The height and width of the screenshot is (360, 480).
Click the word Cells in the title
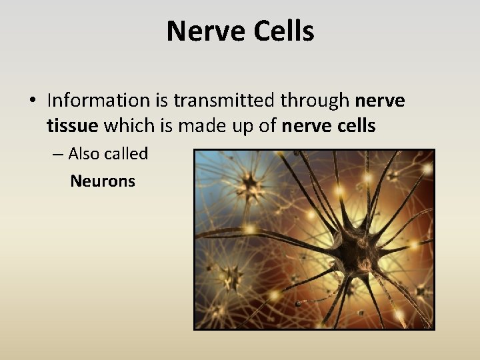tap(283, 31)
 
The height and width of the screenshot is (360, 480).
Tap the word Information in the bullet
tap(99, 101)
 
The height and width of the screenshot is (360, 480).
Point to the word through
tap(315, 101)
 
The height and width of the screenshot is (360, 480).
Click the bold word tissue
tap(73, 125)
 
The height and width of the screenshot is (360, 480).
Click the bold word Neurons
tap(103, 181)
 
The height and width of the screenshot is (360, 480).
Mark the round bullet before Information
tap(32, 101)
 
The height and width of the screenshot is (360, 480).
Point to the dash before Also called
tap(57, 155)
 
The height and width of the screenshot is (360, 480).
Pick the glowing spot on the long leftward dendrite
tap(251, 229)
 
